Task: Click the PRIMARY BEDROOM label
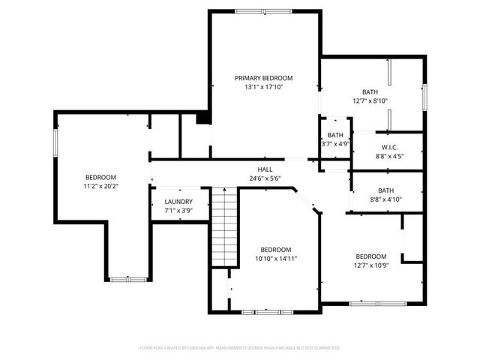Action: [x=263, y=78]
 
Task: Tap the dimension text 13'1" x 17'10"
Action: [x=263, y=87]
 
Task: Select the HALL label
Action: [x=265, y=169]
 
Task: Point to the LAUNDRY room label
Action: [x=178, y=202]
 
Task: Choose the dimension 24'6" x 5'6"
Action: [x=265, y=178]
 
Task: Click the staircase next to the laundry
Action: [x=223, y=224]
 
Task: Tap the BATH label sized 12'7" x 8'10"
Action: [x=370, y=91]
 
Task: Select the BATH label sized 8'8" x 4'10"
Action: [x=385, y=190]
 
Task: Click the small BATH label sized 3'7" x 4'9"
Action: [x=335, y=135]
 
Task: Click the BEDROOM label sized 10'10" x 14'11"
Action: [x=275, y=250]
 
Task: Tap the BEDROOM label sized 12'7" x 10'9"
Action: [x=370, y=256]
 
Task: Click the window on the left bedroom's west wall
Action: [x=54, y=143]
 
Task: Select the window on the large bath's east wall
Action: [x=425, y=96]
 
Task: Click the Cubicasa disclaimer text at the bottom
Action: [x=240, y=348]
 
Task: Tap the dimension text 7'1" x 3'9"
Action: [x=178, y=211]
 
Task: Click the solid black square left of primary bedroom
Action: [x=202, y=118]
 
